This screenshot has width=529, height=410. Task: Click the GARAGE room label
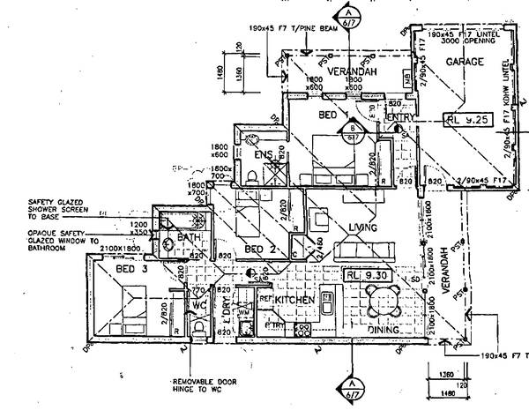pyautogui.click(x=465, y=63)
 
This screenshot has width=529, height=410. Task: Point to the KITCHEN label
pyautogui.click(x=296, y=301)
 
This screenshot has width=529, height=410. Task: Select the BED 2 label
pyautogui.click(x=262, y=250)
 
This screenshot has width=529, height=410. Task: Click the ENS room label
pyautogui.click(x=262, y=155)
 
